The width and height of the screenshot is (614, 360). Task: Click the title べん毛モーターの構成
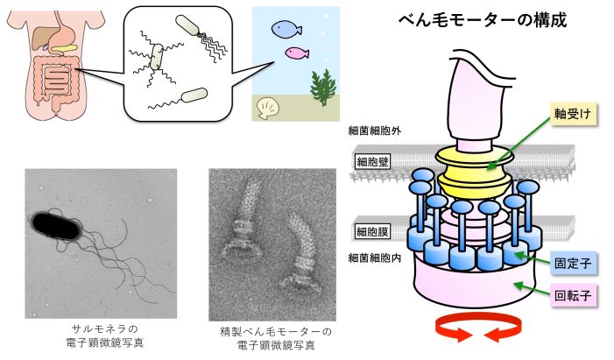click(483, 18)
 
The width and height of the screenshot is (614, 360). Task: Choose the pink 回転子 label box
click(573, 294)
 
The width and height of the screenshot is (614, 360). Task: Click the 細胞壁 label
click(372, 161)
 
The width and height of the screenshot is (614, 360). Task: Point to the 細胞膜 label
click(372, 231)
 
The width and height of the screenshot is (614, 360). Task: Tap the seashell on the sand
click(266, 108)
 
